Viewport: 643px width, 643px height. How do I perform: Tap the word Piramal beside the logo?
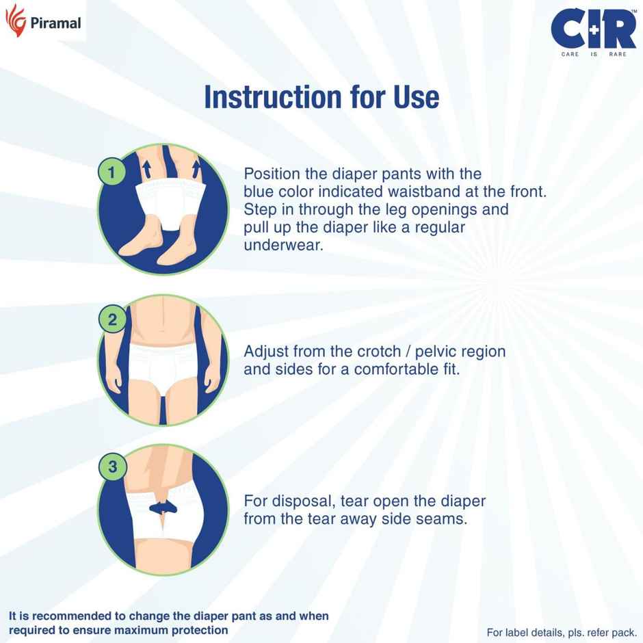point(56,24)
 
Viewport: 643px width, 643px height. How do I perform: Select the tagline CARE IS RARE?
point(593,53)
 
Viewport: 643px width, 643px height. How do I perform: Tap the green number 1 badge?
point(111,172)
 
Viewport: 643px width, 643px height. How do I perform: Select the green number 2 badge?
point(112,319)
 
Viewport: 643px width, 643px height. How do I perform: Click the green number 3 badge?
point(113,467)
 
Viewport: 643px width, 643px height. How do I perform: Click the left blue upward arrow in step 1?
point(145,168)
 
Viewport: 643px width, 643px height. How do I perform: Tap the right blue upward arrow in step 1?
point(196,168)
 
